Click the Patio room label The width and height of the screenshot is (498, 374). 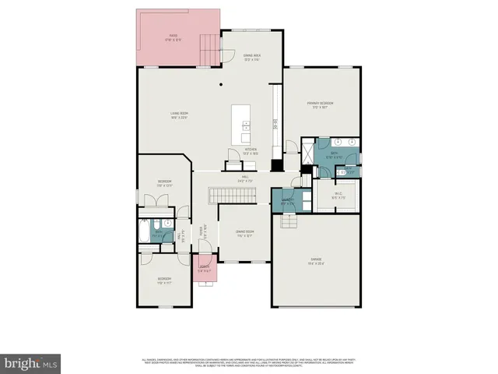pyautogui.click(x=173, y=37)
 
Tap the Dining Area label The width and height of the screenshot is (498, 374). pyautogui.click(x=251, y=56)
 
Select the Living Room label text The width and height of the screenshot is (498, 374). pyautogui.click(x=180, y=116)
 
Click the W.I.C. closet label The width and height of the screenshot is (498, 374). pyautogui.click(x=338, y=196)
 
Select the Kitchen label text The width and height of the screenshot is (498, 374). pyautogui.click(x=251, y=152)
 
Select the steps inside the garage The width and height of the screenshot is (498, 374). pyautogui.click(x=289, y=224)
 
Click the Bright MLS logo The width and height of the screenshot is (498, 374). pyautogui.click(x=31, y=362)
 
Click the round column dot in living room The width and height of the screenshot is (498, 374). pyautogui.click(x=220, y=84)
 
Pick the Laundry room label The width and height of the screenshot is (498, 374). pyautogui.click(x=286, y=202)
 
